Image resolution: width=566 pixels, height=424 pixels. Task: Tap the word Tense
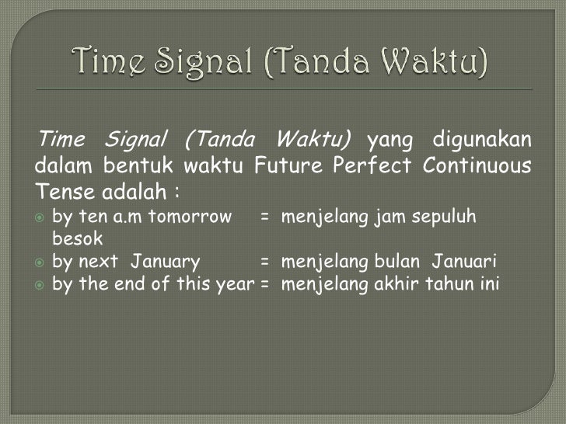[x=60, y=190]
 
